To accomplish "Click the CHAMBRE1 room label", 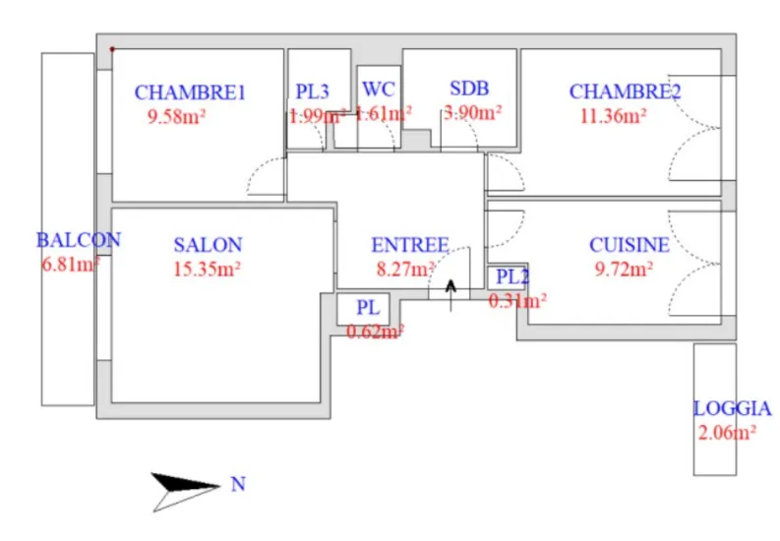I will click(189, 93).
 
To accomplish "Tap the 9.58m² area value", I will click(175, 115).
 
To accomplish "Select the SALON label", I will click(208, 245).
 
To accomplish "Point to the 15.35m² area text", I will click(208, 268).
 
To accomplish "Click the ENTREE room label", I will click(409, 245).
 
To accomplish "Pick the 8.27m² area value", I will click(405, 268).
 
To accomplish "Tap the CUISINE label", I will click(630, 245).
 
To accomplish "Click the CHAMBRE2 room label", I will click(626, 92).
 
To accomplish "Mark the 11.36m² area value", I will click(613, 115).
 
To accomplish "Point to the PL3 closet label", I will click(312, 92).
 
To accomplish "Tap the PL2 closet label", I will click(512, 277).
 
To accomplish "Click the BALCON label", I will click(78, 239).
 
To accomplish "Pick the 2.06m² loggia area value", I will click(727, 432).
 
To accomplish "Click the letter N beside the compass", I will click(237, 484).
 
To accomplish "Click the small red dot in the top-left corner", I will click(112, 48).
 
